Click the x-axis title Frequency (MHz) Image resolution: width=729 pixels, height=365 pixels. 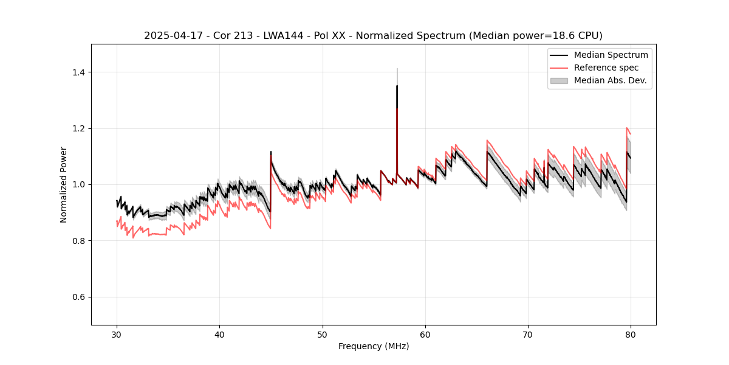(374, 346)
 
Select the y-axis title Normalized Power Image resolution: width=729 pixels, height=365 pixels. (64, 184)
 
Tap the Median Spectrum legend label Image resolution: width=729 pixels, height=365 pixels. (611, 55)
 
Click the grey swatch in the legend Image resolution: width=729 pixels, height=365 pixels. (559, 80)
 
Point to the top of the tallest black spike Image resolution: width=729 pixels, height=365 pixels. (397, 86)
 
